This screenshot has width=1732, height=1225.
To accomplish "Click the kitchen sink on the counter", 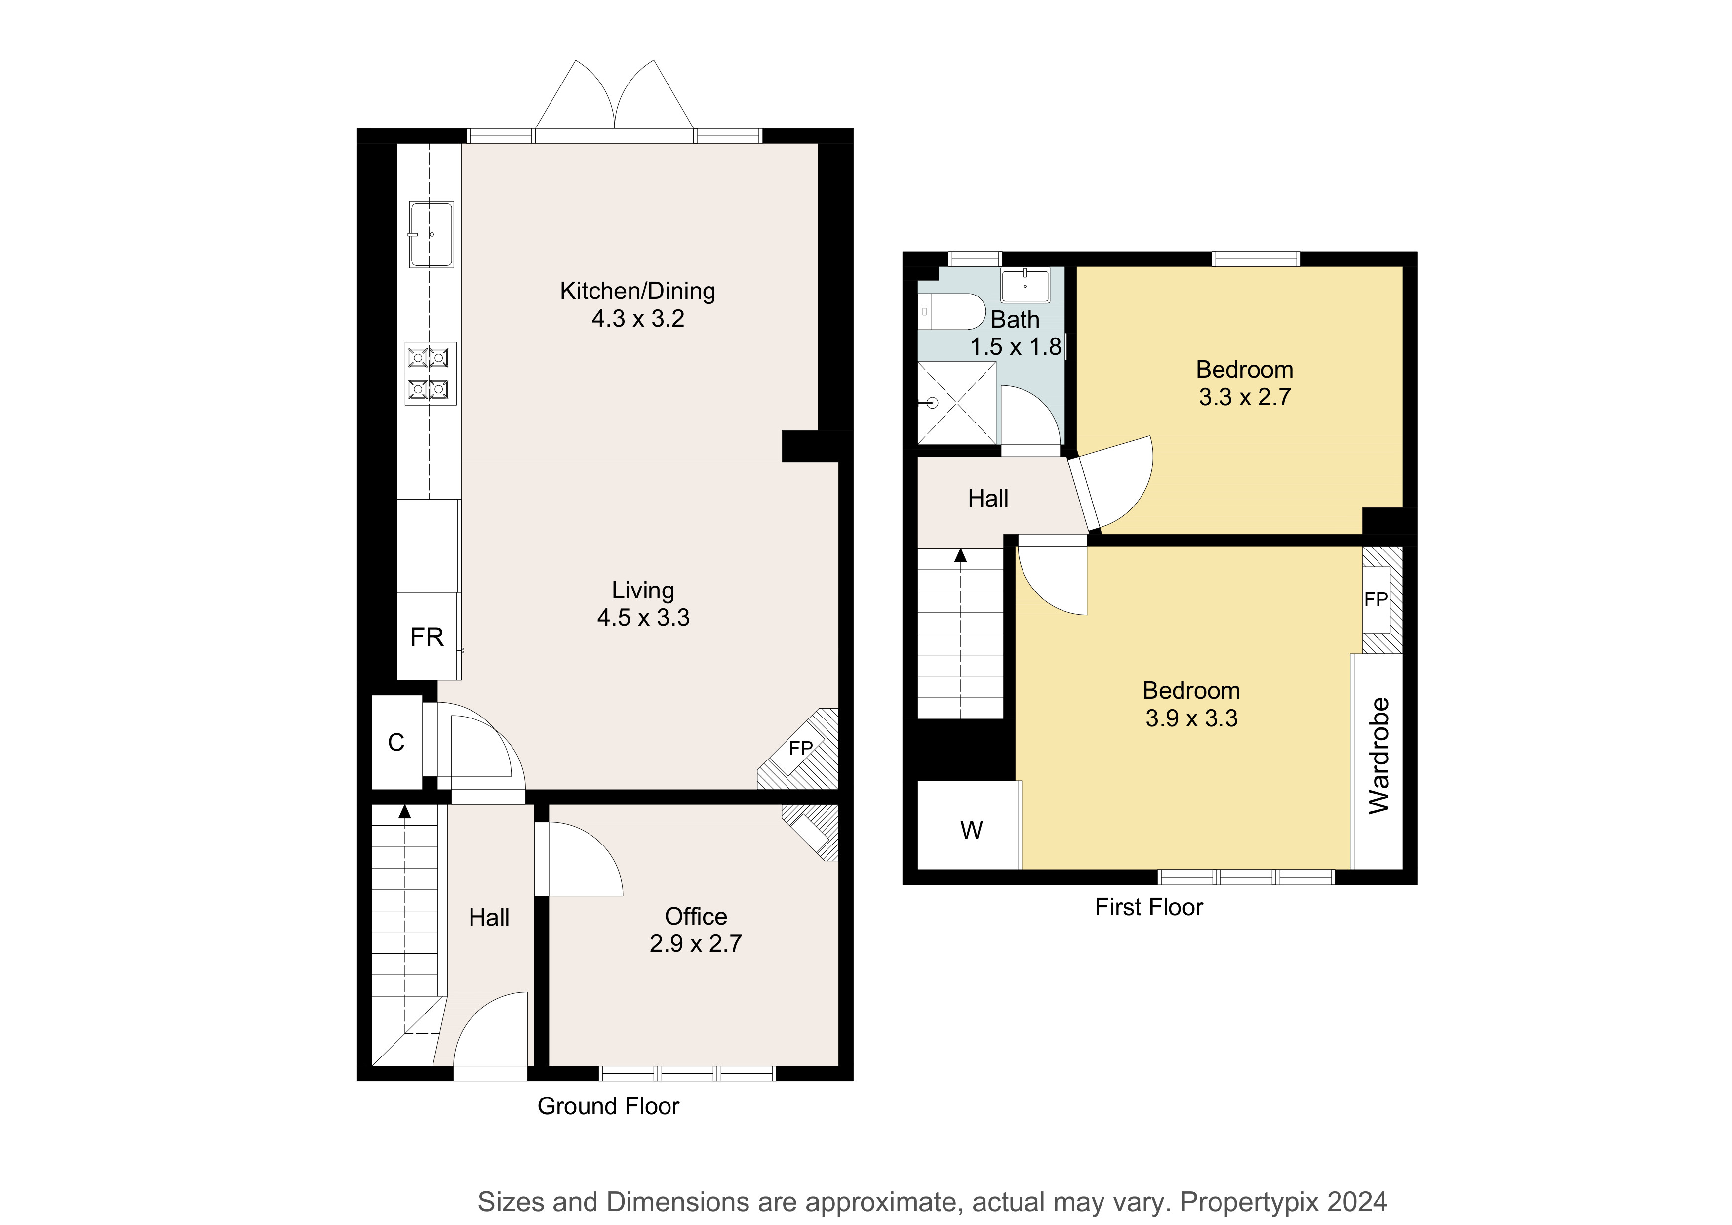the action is [432, 234].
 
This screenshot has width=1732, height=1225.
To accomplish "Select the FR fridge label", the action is [427, 637].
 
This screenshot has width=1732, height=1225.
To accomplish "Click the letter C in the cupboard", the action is [396, 743].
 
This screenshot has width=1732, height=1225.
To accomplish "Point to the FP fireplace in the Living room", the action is [800, 749].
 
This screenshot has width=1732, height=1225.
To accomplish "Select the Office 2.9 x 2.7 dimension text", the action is [696, 943].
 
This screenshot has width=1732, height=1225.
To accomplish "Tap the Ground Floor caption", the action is [608, 1106].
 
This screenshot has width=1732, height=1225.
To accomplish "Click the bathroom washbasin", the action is [1025, 285].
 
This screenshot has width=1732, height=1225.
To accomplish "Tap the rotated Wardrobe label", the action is [1378, 756].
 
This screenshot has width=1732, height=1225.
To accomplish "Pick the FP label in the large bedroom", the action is [1376, 599].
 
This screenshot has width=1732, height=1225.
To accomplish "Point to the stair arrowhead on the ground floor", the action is [404, 811].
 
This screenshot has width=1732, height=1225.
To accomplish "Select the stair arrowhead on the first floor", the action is [960, 555].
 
